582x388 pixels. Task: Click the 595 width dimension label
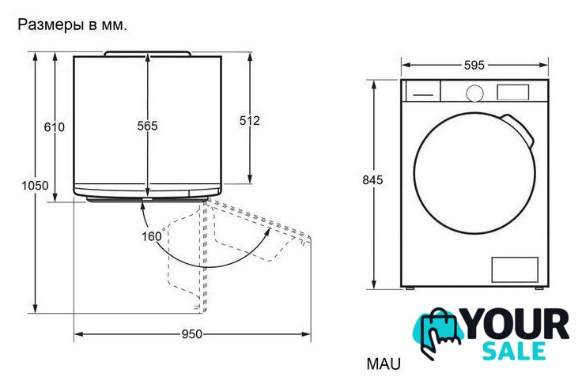(x=474, y=66)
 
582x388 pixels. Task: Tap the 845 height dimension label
(x=372, y=180)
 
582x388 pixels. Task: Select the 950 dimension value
(x=192, y=334)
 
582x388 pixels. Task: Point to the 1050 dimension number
(x=35, y=186)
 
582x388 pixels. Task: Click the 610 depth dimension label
(x=55, y=127)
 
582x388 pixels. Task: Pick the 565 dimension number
(x=147, y=126)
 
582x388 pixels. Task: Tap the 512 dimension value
(x=249, y=121)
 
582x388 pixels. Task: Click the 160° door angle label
(x=153, y=235)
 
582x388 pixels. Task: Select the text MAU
(x=384, y=364)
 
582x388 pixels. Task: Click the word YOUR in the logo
(x=516, y=325)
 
